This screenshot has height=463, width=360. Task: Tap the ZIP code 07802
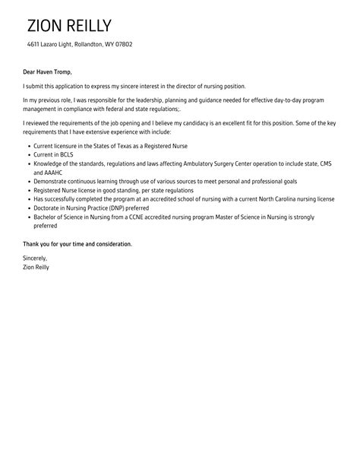(122, 44)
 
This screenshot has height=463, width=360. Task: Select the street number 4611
(33, 44)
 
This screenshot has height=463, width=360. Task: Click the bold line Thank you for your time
(77, 243)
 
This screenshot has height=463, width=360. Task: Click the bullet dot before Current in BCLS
(27, 154)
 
